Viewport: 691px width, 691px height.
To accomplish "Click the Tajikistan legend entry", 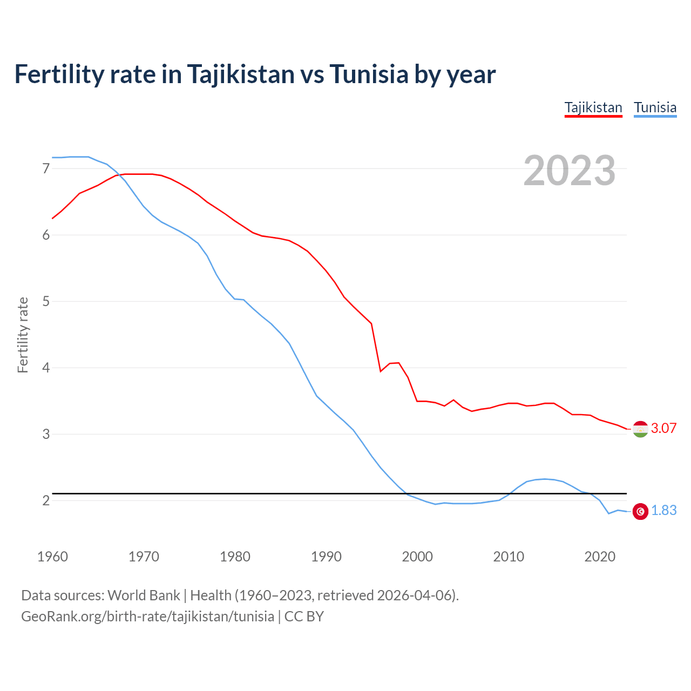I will click(x=593, y=107).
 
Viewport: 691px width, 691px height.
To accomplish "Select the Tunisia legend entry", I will click(x=655, y=107).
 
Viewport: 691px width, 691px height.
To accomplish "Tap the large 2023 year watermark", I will click(x=570, y=171).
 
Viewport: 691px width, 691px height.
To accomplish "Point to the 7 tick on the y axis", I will click(x=46, y=169).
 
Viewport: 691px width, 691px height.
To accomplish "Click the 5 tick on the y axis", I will click(x=46, y=301).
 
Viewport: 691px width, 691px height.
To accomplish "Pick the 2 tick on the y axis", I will click(x=46, y=500).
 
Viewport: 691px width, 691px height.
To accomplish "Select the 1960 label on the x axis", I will click(x=52, y=557).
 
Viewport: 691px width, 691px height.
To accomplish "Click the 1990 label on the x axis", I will click(x=326, y=557).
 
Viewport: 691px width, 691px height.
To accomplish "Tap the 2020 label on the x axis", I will click(x=600, y=557).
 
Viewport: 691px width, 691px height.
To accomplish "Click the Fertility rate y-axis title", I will click(x=23, y=335).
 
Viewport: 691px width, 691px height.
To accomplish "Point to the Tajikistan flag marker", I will click(x=640, y=429).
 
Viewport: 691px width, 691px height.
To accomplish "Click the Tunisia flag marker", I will click(x=640, y=511).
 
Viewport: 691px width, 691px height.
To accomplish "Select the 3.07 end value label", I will click(x=663, y=429).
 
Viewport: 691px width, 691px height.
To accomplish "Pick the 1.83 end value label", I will click(x=663, y=511).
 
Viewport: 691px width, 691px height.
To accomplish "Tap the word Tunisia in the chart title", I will click(x=368, y=74).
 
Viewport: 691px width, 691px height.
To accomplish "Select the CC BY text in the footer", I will click(x=304, y=617).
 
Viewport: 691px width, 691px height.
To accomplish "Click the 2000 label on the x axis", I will click(x=417, y=557).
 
